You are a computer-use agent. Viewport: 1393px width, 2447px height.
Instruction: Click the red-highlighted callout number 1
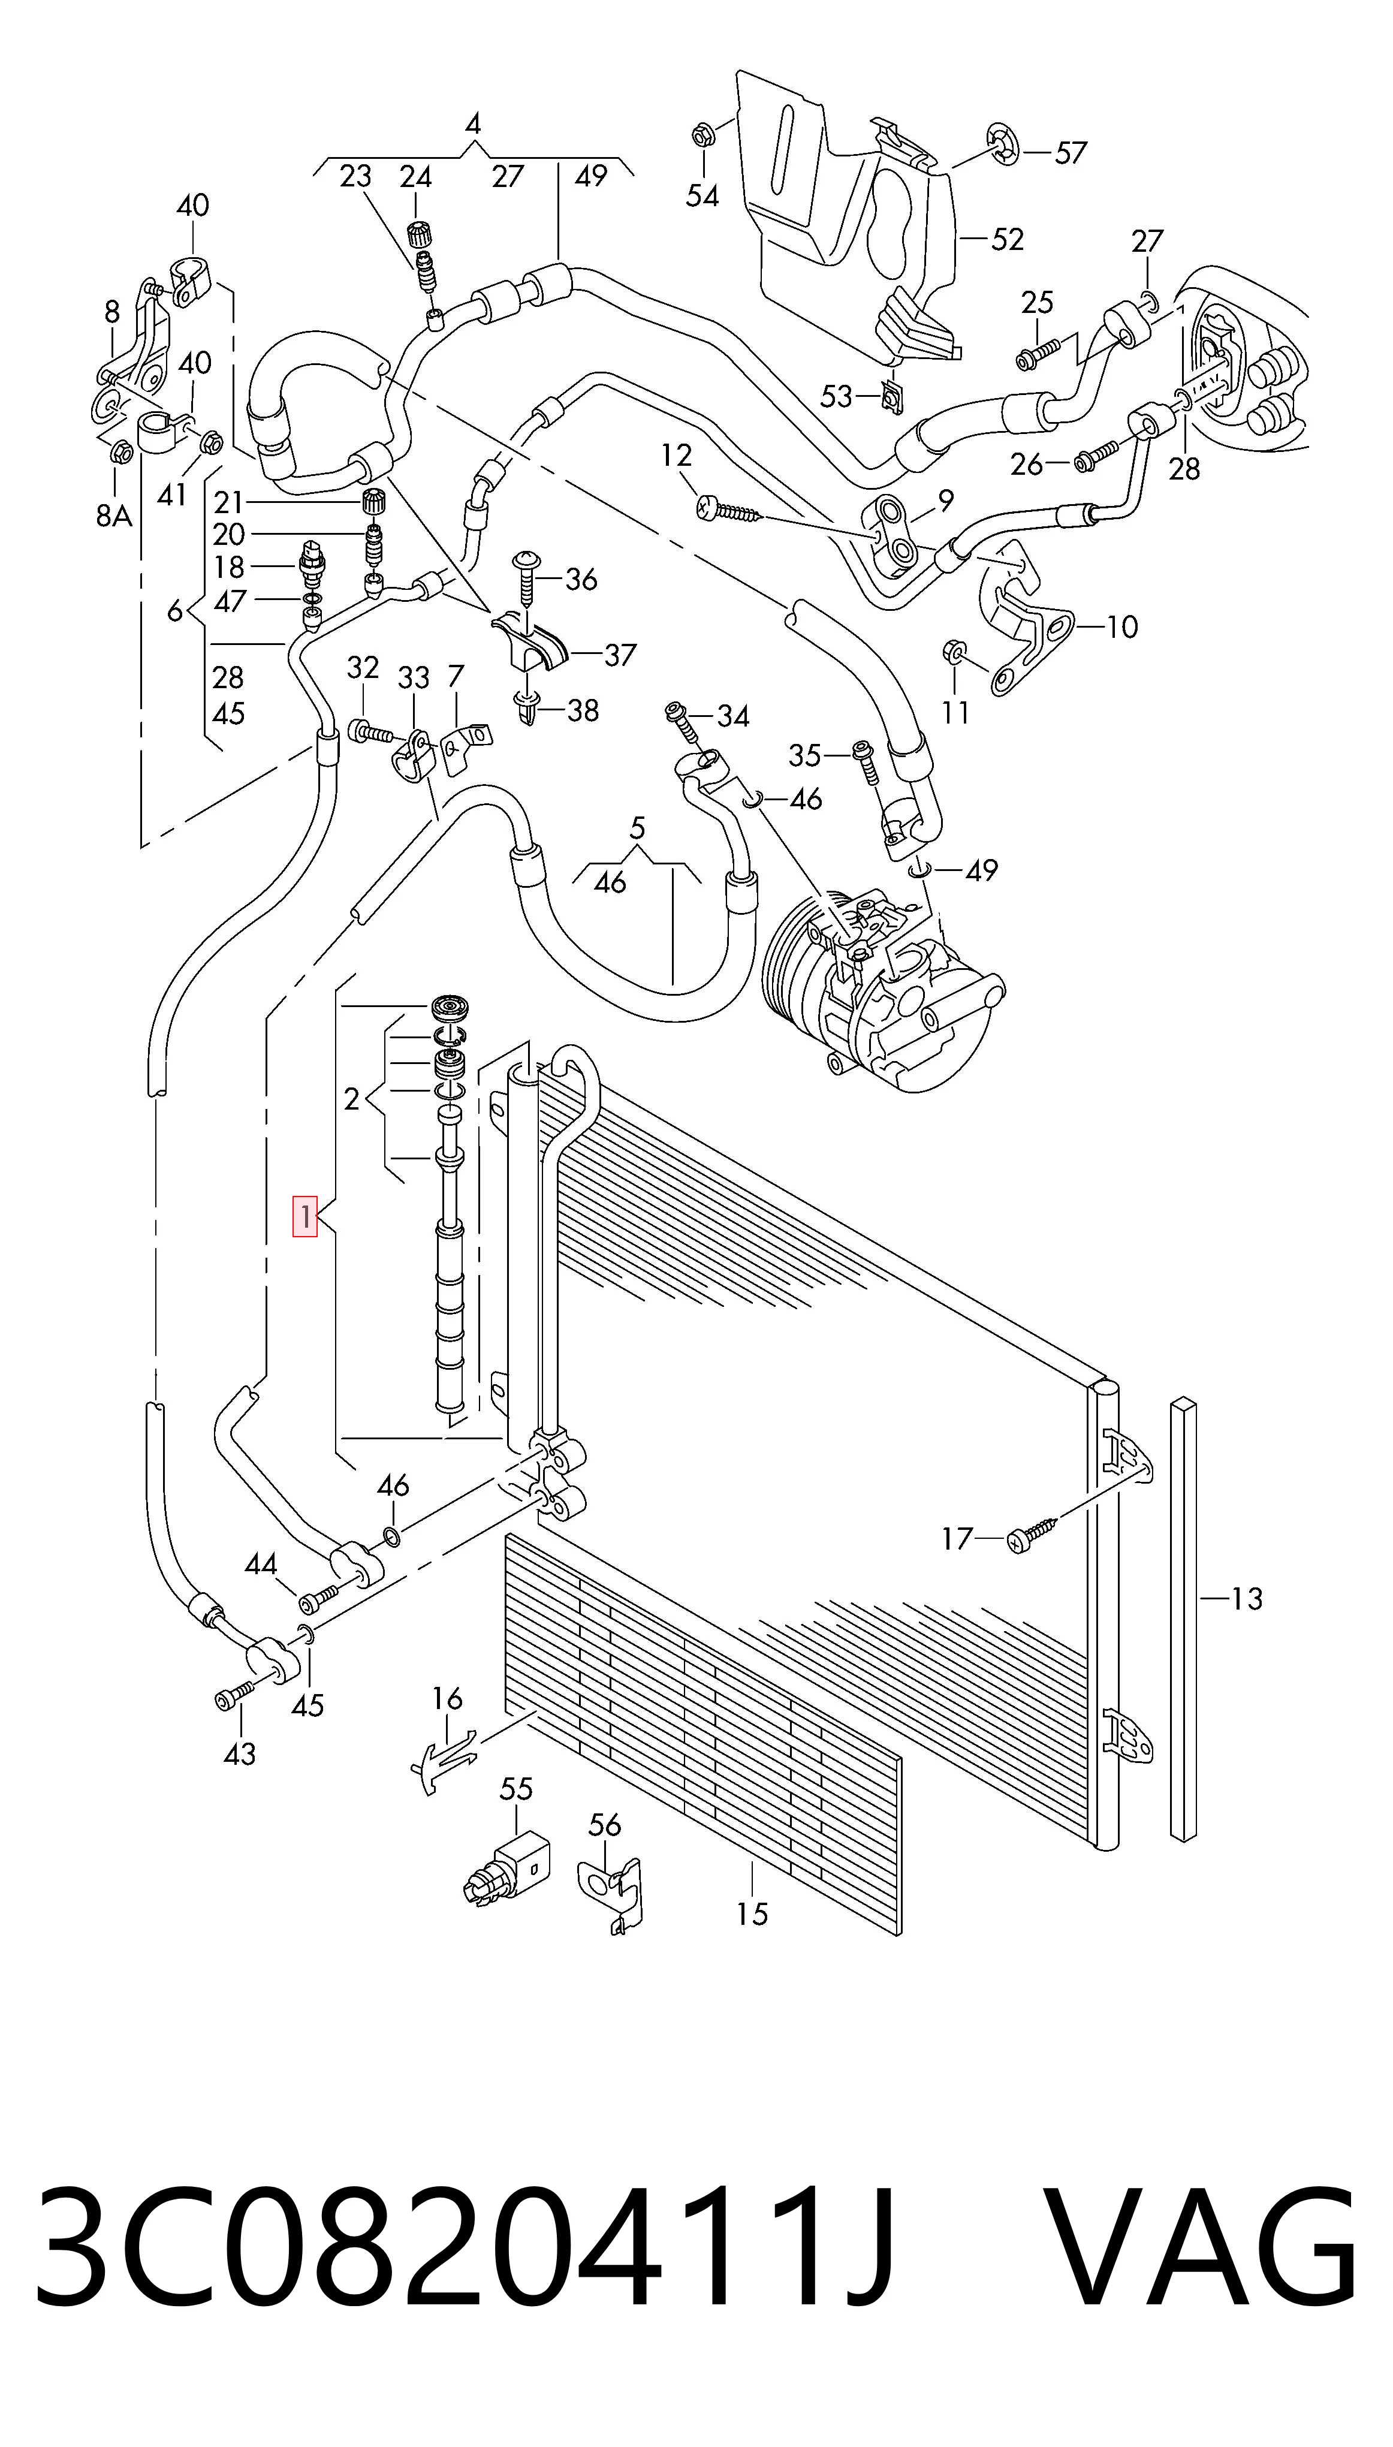coord(304,1217)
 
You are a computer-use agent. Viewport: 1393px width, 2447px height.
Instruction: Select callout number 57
coord(1071,152)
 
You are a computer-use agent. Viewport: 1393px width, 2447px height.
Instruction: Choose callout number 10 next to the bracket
coord(1122,628)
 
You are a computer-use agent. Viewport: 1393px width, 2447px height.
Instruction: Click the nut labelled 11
coord(953,653)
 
